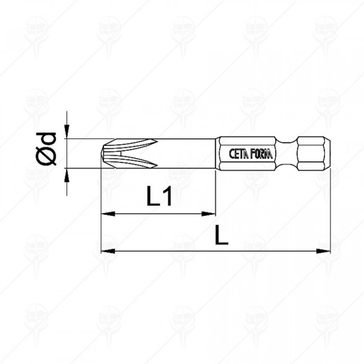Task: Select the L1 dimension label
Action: point(159,197)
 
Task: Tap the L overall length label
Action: point(222,236)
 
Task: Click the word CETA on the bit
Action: point(256,154)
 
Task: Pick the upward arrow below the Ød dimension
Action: point(68,175)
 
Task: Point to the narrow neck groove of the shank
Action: point(298,154)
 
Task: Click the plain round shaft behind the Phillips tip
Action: point(186,154)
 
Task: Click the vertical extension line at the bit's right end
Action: point(330,210)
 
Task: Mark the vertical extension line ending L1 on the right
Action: point(214,192)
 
